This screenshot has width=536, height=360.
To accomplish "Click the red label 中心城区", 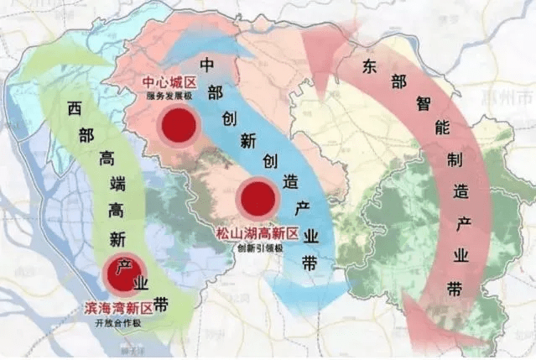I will [x=170, y=84].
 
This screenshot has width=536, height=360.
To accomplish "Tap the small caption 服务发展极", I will [x=170, y=97].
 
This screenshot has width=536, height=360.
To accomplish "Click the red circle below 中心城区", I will [x=179, y=127].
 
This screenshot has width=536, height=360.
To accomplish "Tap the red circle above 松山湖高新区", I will [x=256, y=200].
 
